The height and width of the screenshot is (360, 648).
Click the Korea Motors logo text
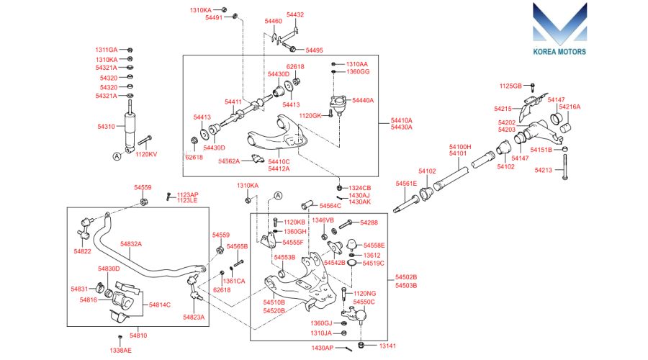pyautogui.click(x=559, y=52)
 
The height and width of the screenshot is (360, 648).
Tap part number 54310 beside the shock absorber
pyautogui.click(x=107, y=127)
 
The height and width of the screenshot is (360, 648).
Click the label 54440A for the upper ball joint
pyautogui.click(x=363, y=100)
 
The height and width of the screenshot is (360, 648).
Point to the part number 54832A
pyautogui.click(x=131, y=244)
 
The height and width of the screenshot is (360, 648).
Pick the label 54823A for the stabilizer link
pyautogui.click(x=194, y=317)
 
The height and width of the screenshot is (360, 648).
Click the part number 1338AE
pyautogui.click(x=121, y=350)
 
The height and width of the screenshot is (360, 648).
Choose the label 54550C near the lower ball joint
pyautogui.click(x=364, y=302)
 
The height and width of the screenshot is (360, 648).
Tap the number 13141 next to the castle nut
pyautogui.click(x=387, y=346)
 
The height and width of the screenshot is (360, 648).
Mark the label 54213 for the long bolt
pyautogui.click(x=544, y=170)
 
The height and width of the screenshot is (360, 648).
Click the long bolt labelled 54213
pyautogui.click(x=565, y=166)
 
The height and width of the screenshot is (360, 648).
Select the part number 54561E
pyautogui.click(x=406, y=184)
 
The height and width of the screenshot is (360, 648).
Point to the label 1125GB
pyautogui.click(x=510, y=86)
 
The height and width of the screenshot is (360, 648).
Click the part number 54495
pyautogui.click(x=315, y=50)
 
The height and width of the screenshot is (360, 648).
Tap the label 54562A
pyautogui.click(x=229, y=161)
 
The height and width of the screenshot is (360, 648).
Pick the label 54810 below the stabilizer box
pyautogui.click(x=138, y=336)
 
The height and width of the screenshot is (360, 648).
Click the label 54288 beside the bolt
pyautogui.click(x=369, y=222)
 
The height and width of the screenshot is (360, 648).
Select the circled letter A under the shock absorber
pyautogui.click(x=117, y=156)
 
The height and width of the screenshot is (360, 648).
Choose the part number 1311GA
pyautogui.click(x=107, y=50)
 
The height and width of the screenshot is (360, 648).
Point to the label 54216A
pyautogui.click(x=570, y=107)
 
